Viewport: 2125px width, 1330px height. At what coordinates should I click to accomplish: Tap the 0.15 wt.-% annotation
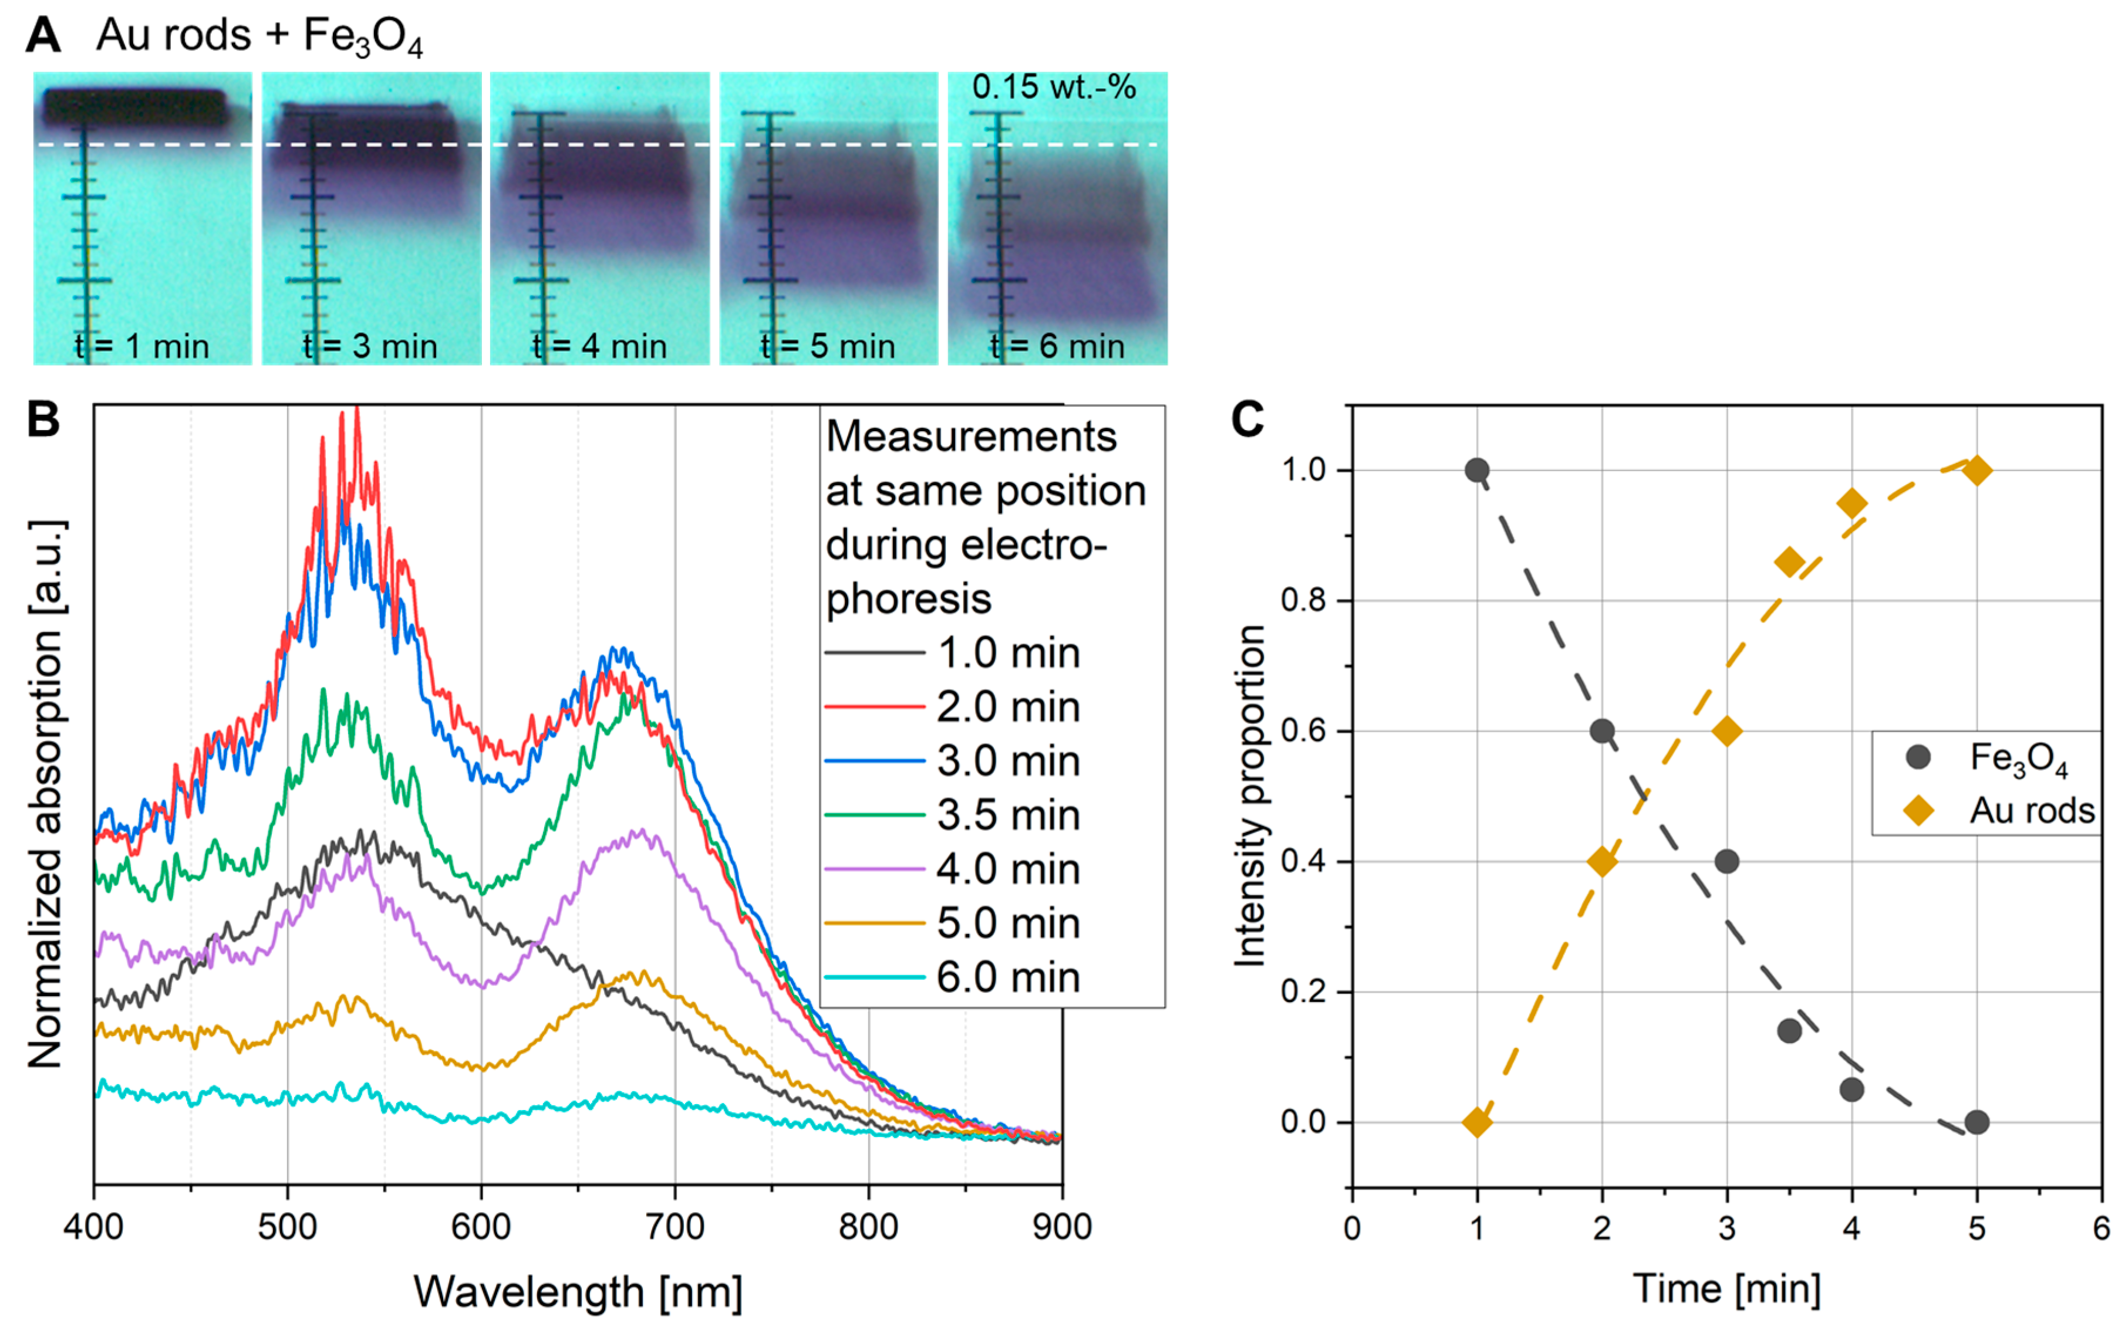tap(1053, 87)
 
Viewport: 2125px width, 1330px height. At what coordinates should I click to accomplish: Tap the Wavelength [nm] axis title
tap(578, 1291)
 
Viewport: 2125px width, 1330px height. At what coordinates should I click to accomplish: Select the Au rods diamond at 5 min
tap(1977, 471)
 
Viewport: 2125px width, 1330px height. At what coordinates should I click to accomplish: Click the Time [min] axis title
tap(1726, 1289)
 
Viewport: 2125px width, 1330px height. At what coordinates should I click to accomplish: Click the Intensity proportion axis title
tap(1250, 796)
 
